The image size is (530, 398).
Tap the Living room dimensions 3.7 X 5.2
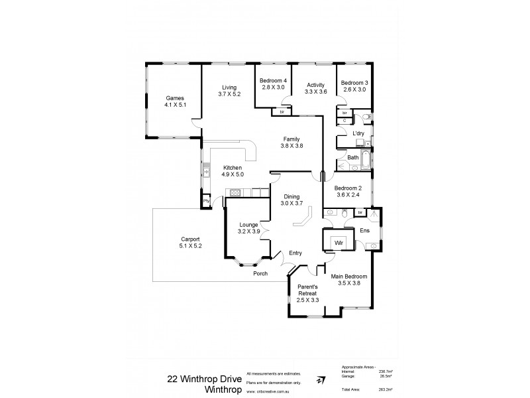coord(229,94)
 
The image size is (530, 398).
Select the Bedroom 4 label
coord(272,82)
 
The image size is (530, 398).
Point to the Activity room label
coord(315,85)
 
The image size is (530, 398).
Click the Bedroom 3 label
coord(354,82)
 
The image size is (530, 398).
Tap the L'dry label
coord(358,133)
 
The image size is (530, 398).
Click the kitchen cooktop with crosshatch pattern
coord(235,192)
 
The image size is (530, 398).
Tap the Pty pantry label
coord(206,200)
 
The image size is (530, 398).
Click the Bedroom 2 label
coord(346,188)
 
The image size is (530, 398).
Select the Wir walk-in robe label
coord(337,242)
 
